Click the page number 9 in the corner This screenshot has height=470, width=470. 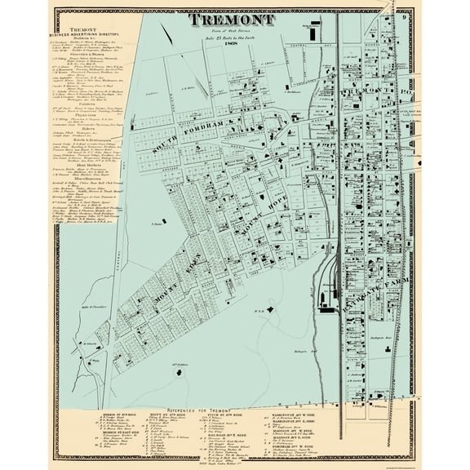[x=405, y=16]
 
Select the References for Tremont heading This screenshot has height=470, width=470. [x=233, y=391]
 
